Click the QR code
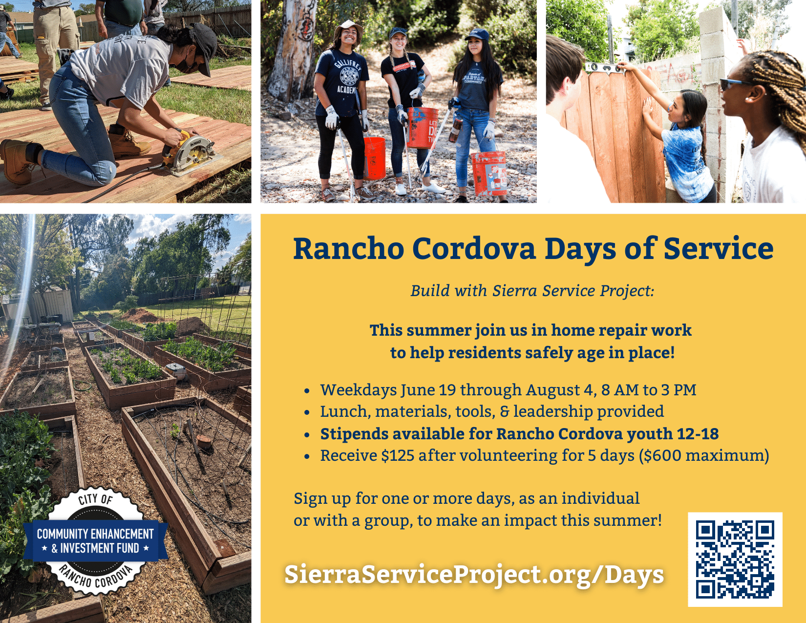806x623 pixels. (735, 559)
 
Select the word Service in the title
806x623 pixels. (719, 248)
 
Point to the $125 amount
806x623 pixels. (398, 455)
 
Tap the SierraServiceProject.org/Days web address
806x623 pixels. (474, 575)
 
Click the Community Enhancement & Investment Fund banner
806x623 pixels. (95, 541)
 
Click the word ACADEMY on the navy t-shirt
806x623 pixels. (346, 90)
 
